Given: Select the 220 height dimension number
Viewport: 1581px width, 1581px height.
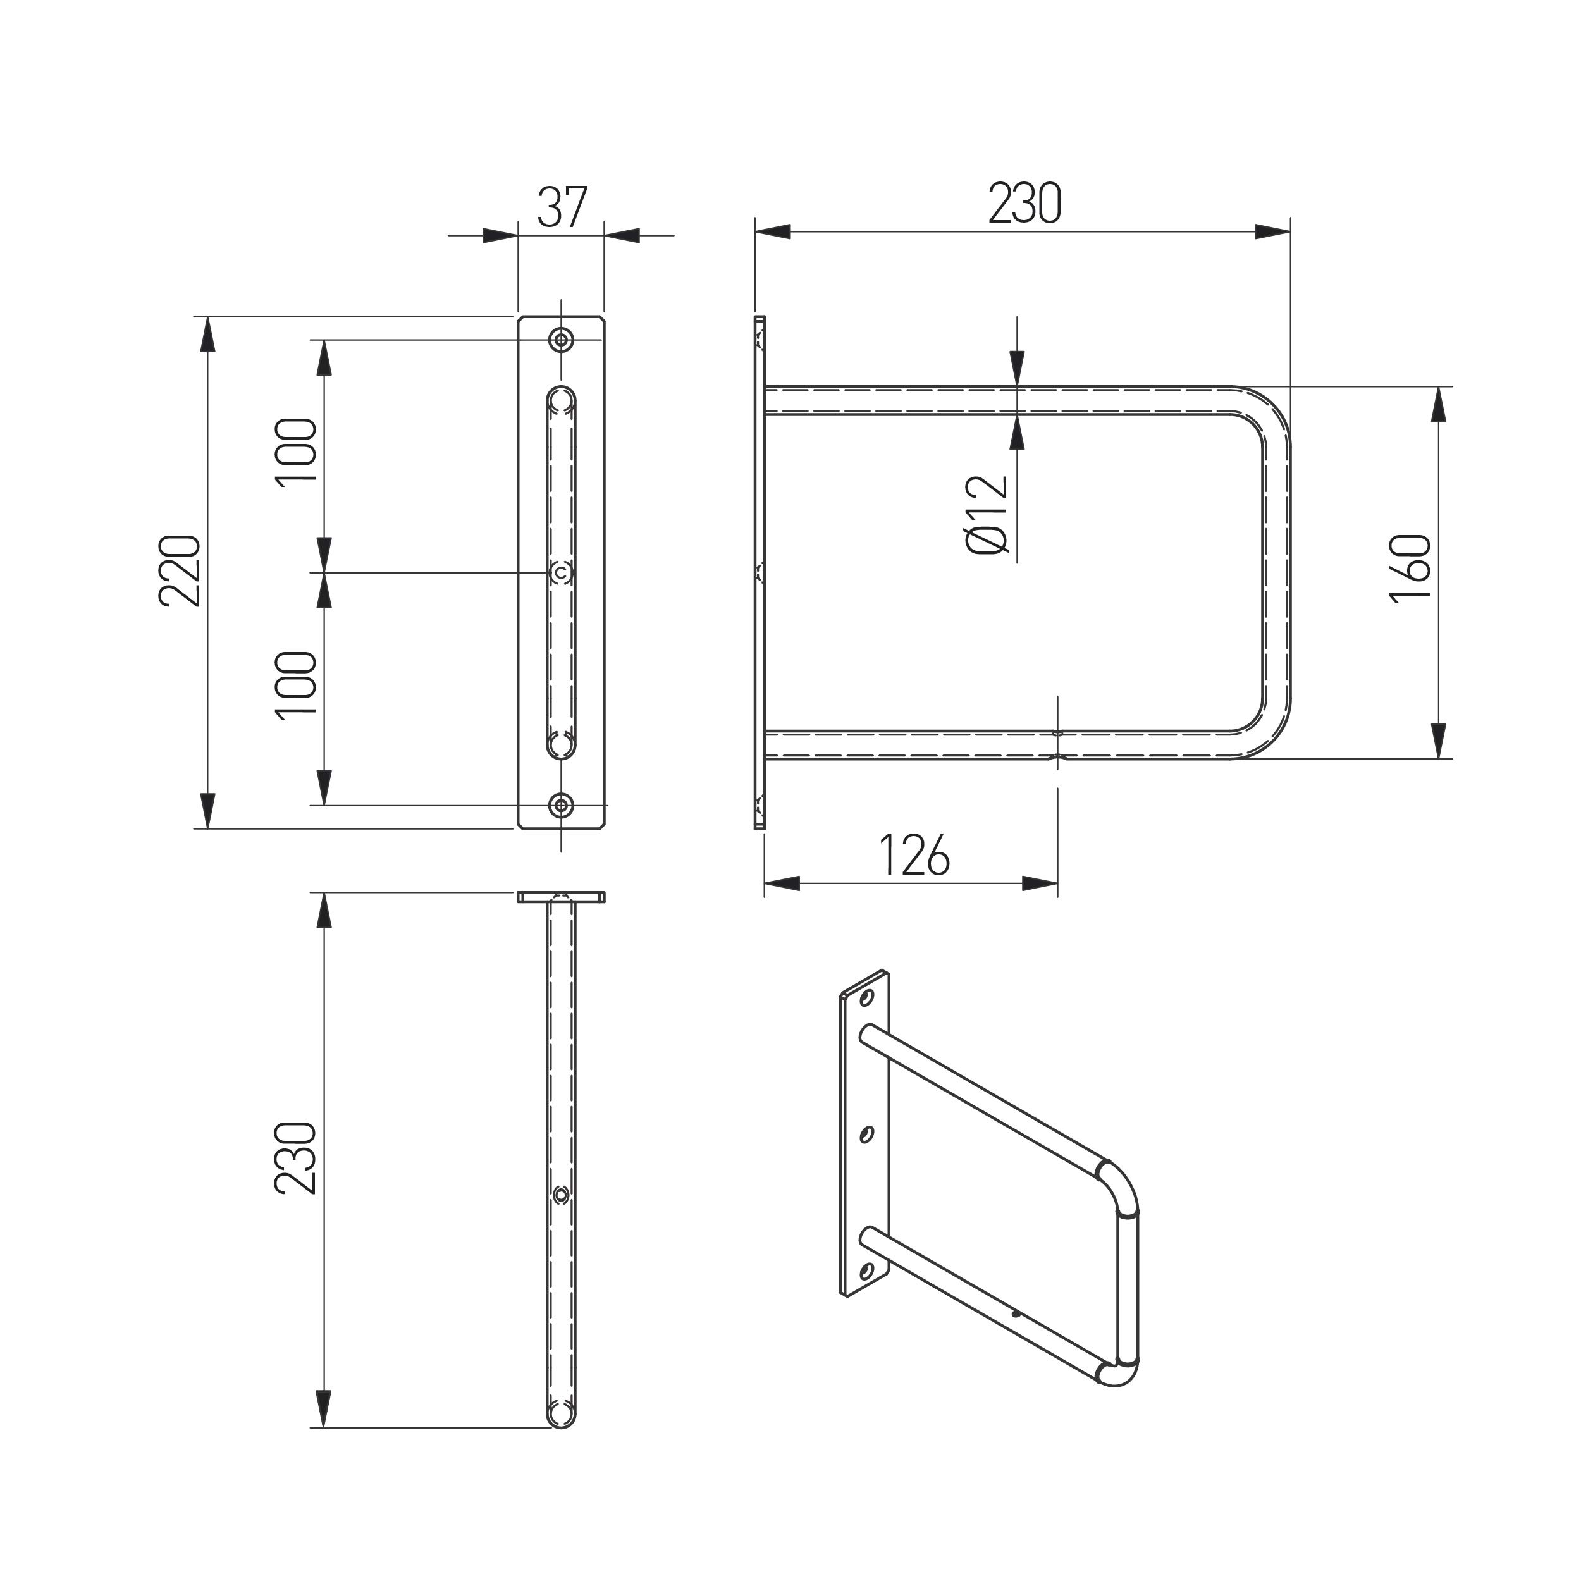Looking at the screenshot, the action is tap(179, 570).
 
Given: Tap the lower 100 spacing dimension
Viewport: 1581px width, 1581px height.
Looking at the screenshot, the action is tap(296, 686).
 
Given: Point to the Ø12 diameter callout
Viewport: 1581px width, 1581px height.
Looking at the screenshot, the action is tap(988, 515).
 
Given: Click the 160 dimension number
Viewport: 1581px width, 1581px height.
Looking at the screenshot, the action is tap(1411, 569).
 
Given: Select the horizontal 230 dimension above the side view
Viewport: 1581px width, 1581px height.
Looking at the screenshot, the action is tap(1024, 204).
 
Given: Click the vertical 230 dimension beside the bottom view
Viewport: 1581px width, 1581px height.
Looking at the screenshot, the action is tap(296, 1158).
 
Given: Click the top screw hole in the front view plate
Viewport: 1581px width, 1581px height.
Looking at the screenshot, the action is tap(562, 340).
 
